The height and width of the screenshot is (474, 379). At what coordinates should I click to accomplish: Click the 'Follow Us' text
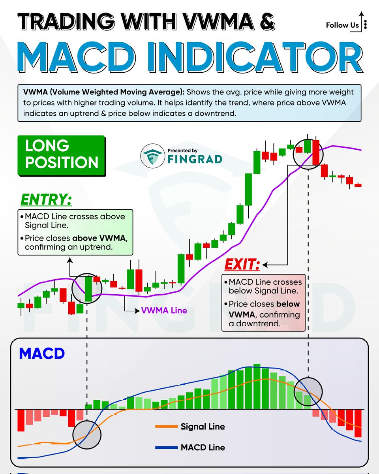(x=342, y=25)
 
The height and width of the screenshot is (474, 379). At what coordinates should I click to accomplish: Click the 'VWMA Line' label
(x=164, y=310)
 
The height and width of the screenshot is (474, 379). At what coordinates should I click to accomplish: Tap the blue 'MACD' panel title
(x=41, y=354)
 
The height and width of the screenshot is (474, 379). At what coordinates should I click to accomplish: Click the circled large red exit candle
(x=315, y=152)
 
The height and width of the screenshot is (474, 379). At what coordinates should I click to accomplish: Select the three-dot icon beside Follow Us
(x=365, y=25)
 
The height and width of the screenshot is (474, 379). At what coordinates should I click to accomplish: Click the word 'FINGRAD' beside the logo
(x=199, y=159)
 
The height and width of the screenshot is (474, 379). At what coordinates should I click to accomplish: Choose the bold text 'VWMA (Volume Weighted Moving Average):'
(x=104, y=92)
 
